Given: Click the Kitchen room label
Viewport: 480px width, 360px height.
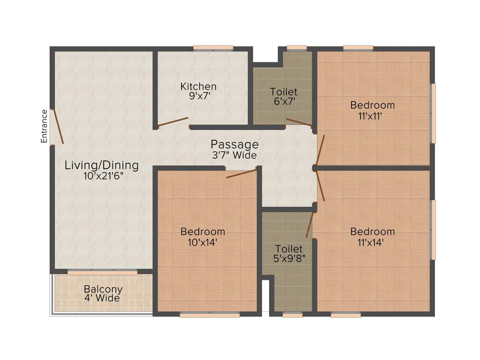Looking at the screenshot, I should pos(199,86).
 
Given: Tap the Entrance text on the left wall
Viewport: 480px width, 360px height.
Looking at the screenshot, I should pos(45,126).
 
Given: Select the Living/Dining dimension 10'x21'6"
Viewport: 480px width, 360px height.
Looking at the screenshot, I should pos(102,176).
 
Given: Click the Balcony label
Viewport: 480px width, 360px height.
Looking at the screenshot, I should pos(103,289).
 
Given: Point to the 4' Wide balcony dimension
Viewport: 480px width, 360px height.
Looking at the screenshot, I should pos(102,298).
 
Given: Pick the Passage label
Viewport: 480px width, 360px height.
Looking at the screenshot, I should pos(234,144).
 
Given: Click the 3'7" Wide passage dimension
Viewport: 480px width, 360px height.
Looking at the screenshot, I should pos(234,155).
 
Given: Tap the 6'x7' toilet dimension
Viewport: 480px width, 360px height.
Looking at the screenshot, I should pos(284,102).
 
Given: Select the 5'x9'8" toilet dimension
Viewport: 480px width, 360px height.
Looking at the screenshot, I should pos(289,258).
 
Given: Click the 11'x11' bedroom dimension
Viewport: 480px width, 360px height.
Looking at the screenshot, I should pos(372,115).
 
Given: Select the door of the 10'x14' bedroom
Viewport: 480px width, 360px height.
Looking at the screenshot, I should pos(241,173).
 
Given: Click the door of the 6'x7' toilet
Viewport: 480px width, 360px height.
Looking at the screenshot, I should pos(299,122).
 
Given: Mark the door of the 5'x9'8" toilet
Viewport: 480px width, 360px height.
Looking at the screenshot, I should pos(309,225).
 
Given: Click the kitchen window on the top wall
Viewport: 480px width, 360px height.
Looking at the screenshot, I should pos(213,47).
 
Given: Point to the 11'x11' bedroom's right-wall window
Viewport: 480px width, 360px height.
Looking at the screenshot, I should pos(433,113).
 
